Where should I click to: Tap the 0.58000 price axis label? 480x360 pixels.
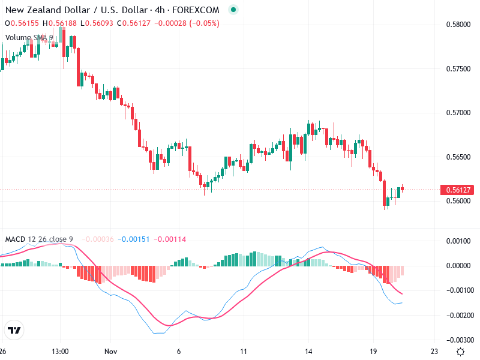(x=458, y=25)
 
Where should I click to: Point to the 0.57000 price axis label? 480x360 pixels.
(x=458, y=113)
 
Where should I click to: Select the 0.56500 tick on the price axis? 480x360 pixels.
(x=458, y=157)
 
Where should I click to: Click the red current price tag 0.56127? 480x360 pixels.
(x=458, y=190)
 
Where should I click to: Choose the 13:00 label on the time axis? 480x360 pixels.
(x=60, y=352)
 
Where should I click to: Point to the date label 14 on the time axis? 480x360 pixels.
(x=309, y=352)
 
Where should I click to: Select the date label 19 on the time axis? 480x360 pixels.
(x=373, y=352)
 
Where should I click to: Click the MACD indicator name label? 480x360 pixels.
(x=15, y=239)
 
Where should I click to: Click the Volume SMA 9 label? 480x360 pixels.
(x=29, y=37)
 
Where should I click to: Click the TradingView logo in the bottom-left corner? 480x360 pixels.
(x=14, y=330)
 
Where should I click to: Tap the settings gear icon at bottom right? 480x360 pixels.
(x=460, y=352)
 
